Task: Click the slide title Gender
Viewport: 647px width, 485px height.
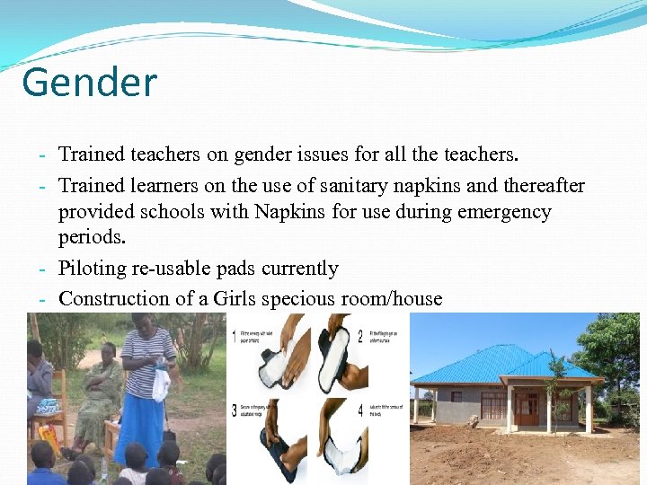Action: (89, 84)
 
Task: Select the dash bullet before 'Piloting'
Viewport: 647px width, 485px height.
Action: (42, 269)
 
